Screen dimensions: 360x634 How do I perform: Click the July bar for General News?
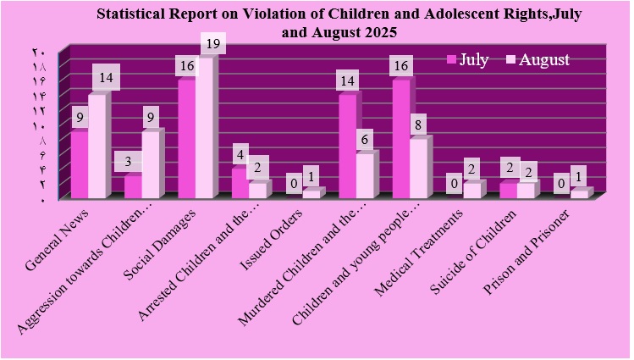point(79,165)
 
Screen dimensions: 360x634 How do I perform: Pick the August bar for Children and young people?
point(419,169)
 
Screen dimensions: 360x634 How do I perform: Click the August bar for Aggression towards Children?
point(151,165)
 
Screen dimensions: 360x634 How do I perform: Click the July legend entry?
point(468,59)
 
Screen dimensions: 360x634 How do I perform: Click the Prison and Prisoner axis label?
point(538,241)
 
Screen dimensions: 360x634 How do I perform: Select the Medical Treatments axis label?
point(427,242)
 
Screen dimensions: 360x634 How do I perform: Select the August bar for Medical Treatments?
point(472,191)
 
